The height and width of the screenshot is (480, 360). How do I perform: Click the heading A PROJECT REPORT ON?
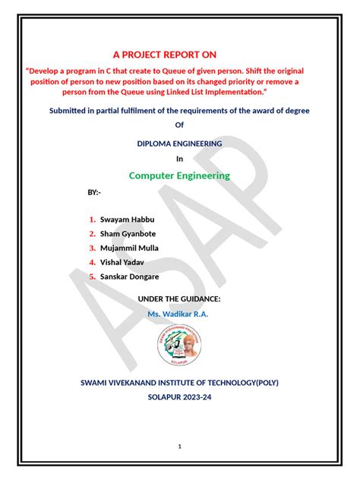point(165,55)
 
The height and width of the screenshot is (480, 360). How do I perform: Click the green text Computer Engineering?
point(179,175)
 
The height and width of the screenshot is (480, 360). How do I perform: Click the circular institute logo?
point(179,346)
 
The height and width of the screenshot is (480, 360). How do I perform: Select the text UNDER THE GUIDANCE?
point(179,299)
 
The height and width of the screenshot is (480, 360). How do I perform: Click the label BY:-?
point(94,193)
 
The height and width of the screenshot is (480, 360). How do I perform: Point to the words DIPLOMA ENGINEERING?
point(179,143)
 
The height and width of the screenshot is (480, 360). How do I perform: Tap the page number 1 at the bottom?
point(180,447)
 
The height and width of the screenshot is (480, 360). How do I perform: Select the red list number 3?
point(92,248)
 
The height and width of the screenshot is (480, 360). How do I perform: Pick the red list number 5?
point(92,276)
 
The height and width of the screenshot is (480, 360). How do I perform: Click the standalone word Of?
point(180,125)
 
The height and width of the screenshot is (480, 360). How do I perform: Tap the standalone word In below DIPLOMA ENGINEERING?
point(180,159)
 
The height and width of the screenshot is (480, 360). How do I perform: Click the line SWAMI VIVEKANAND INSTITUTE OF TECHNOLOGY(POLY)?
point(180,383)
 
